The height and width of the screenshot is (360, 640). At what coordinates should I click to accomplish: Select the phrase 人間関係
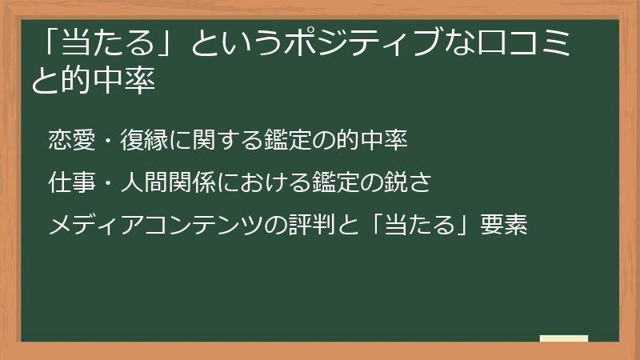coord(168,183)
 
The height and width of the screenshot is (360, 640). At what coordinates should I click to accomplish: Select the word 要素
coord(504,226)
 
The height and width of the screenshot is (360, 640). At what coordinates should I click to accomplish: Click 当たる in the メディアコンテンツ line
coord(422,226)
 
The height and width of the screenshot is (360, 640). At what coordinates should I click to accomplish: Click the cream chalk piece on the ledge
coord(563,339)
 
